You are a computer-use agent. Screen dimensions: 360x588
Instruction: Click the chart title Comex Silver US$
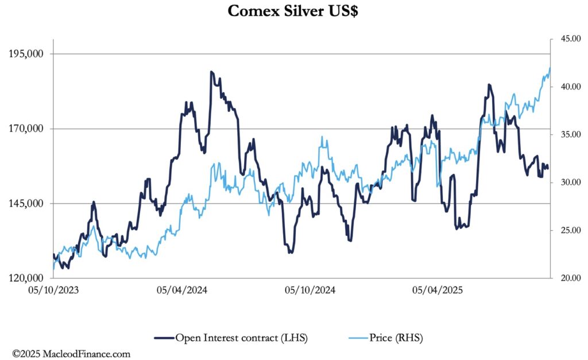coord(293,11)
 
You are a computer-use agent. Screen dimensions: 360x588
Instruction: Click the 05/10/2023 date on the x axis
coord(53,290)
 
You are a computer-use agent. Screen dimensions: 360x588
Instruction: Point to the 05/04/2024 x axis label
coord(182,290)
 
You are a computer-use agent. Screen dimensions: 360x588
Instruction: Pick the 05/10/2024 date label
coord(310,290)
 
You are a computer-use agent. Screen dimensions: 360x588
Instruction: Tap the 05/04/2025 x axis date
coord(439,290)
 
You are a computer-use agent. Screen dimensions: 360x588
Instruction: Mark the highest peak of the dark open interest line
coord(211,72)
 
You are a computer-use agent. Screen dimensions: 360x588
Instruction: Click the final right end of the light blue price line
coord(550,68)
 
